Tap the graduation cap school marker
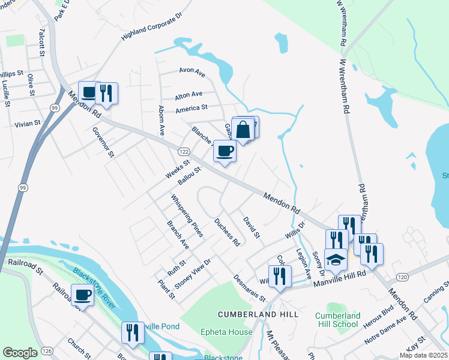click(x=336, y=259)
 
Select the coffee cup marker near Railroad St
click(x=82, y=295)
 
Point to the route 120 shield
click(x=402, y=277)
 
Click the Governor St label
click(x=103, y=141)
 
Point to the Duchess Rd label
click(x=227, y=232)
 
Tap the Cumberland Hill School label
click(x=337, y=320)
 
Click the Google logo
click(x=20, y=353)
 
